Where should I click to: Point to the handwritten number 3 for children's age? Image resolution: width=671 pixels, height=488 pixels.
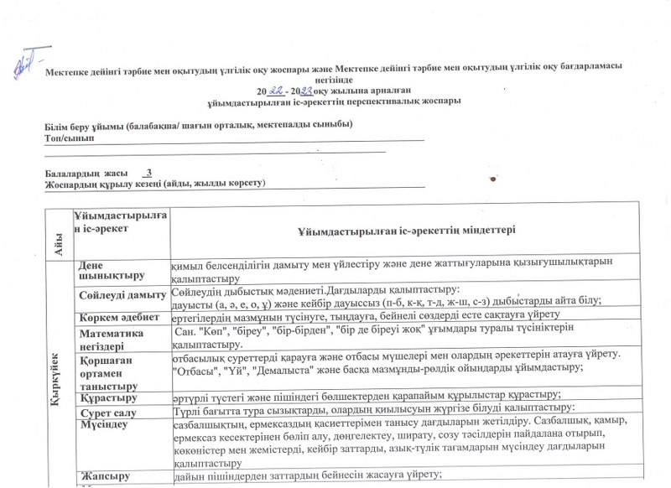pyautogui.click(x=148, y=172)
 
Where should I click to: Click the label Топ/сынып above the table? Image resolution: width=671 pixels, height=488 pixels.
pyautogui.click(x=69, y=137)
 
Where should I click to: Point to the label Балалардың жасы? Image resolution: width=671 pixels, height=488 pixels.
pyautogui.click(x=85, y=173)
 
